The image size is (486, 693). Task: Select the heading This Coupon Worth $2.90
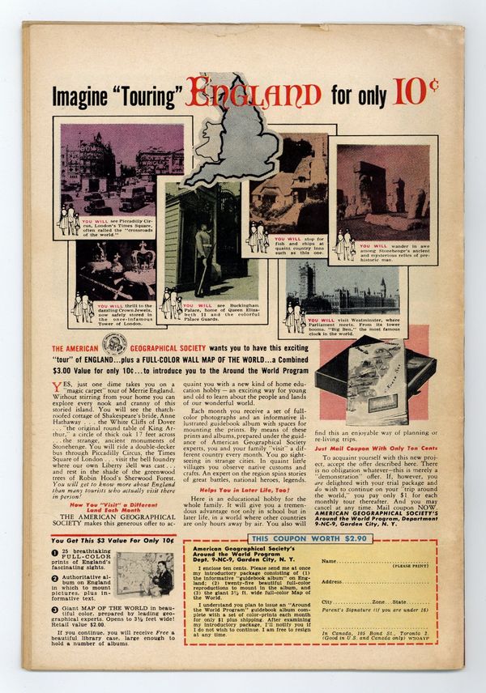[x=283, y=540]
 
